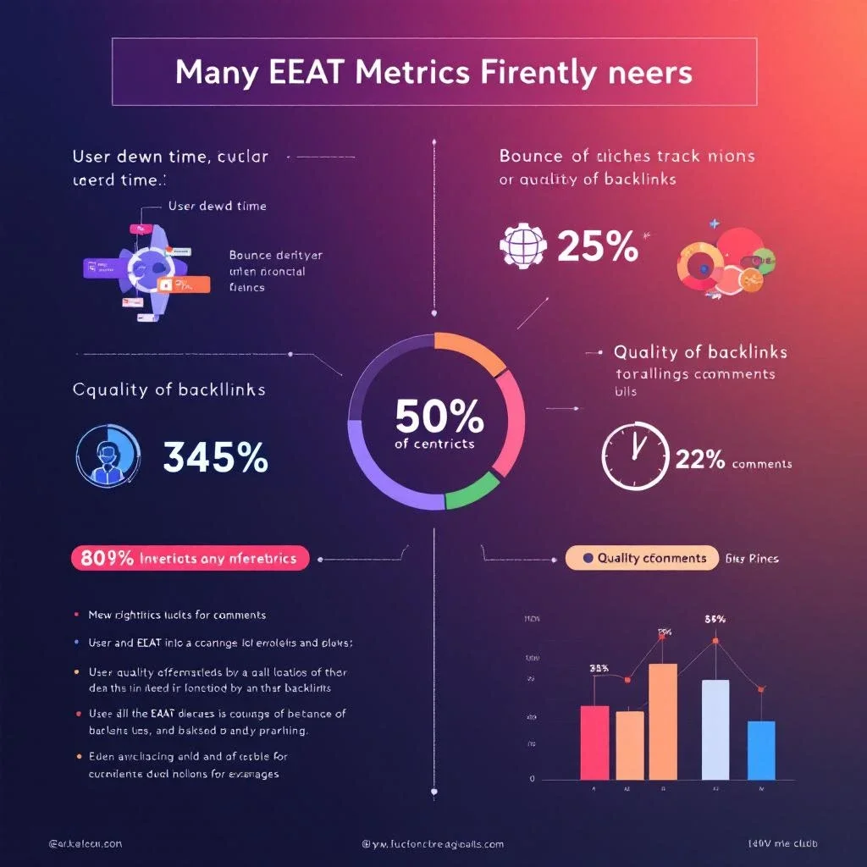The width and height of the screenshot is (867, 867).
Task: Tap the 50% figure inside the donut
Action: (439, 417)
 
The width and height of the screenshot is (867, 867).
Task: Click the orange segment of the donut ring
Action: (469, 349)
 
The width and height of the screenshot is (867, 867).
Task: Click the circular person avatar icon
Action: (108, 455)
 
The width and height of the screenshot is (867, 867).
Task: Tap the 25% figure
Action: (598, 246)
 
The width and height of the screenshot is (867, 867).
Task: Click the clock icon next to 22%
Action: (634, 456)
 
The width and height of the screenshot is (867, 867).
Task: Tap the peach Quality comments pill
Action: (639, 558)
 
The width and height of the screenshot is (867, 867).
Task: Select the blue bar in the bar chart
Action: (761, 749)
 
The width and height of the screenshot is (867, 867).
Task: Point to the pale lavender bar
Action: (715, 728)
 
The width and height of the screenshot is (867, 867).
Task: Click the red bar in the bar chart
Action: (594, 742)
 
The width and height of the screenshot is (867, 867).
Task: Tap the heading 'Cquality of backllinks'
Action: (169, 390)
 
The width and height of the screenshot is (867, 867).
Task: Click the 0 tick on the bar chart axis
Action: (532, 778)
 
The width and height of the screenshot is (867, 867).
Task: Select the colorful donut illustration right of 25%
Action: (726, 261)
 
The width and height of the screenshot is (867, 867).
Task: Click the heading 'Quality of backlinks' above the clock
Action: (700, 352)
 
